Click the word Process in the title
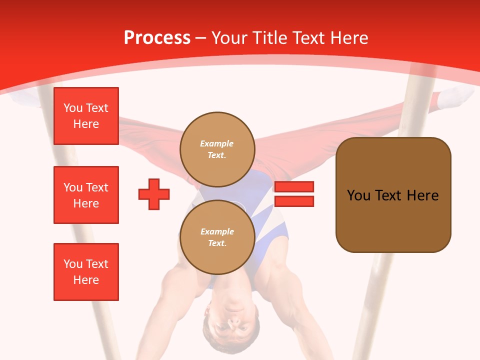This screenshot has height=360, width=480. (x=157, y=38)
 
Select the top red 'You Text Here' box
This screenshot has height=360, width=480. (x=86, y=116)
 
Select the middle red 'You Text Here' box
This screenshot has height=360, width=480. (x=86, y=195)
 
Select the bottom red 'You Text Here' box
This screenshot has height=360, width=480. (x=86, y=271)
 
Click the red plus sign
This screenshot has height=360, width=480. (x=154, y=194)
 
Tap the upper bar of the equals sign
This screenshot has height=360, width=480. (x=294, y=187)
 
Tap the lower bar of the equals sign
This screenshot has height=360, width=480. (x=294, y=201)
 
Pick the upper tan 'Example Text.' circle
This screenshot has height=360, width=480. (x=217, y=149)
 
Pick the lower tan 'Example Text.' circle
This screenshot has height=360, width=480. (x=217, y=237)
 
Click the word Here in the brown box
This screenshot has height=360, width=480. (x=422, y=195)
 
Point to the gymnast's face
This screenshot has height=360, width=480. (x=233, y=327)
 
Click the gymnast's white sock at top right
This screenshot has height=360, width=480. (x=456, y=96)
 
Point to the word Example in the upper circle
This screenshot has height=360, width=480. (x=216, y=143)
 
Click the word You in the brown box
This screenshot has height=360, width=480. (x=358, y=195)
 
